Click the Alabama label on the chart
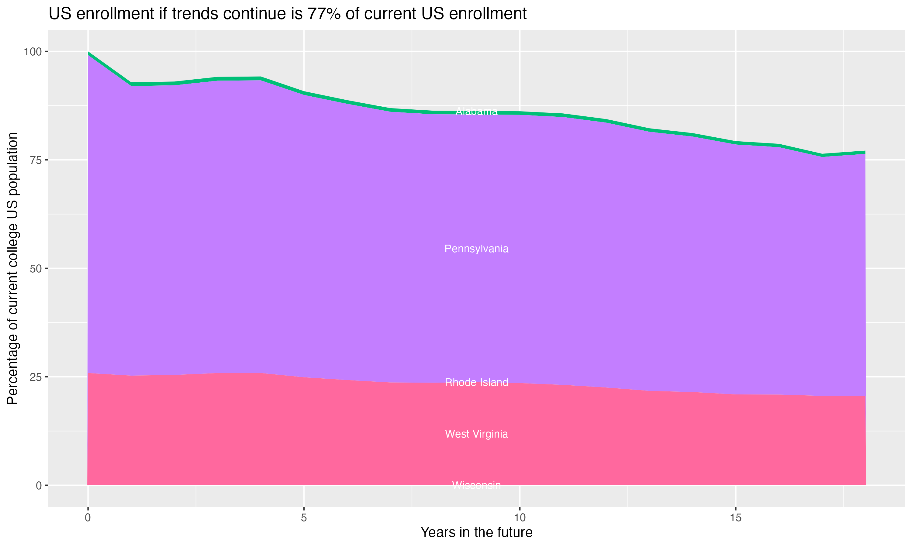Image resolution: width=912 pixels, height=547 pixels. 476,111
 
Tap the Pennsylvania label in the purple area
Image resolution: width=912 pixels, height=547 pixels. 476,249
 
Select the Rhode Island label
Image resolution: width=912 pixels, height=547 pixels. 476,383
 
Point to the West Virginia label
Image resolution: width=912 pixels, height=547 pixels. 476,434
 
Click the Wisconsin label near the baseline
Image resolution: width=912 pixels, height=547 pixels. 476,485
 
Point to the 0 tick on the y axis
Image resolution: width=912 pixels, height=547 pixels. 38,485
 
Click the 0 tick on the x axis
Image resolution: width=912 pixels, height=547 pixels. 88,518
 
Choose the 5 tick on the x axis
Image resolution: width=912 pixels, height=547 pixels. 304,518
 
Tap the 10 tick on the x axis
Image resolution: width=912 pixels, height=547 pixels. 520,518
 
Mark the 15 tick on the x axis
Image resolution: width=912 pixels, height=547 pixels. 736,518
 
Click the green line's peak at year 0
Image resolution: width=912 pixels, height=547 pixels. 88,53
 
